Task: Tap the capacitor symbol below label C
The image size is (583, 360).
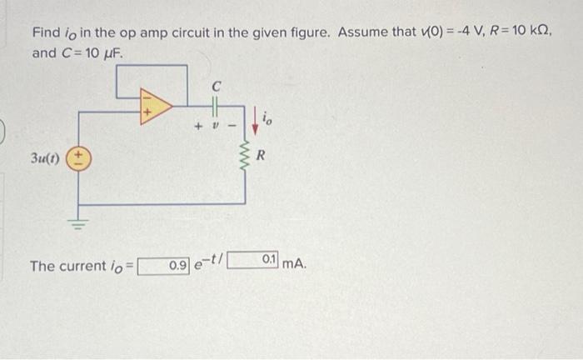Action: click(214, 106)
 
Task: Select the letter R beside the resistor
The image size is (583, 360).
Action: click(262, 156)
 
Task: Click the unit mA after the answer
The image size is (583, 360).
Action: click(295, 265)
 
